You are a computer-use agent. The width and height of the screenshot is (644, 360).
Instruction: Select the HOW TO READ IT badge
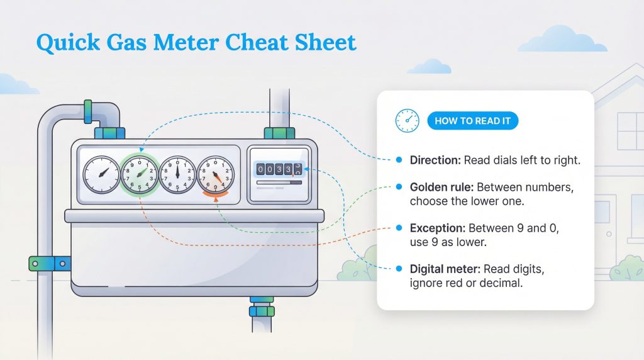coord(472,121)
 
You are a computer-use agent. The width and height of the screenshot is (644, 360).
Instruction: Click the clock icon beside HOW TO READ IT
coord(407,121)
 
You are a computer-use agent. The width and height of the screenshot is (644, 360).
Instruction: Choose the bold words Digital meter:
coord(445,269)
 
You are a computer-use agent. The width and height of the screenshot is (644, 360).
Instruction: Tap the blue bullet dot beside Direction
coord(399,160)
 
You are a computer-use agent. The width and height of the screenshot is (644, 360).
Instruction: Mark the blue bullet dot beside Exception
coord(399,228)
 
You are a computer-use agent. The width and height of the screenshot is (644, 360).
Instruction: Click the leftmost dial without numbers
coord(101,174)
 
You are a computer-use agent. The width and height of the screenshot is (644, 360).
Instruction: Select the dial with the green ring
coord(138,174)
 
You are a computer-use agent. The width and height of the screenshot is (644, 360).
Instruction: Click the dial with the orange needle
coord(215,174)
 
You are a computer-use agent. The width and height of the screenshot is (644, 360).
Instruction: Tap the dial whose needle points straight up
coord(177,174)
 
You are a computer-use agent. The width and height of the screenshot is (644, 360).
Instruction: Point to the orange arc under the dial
coord(215,200)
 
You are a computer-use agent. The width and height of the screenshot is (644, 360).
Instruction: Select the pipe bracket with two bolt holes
coord(50,263)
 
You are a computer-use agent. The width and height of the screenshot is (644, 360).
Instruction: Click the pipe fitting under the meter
coord(261,308)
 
